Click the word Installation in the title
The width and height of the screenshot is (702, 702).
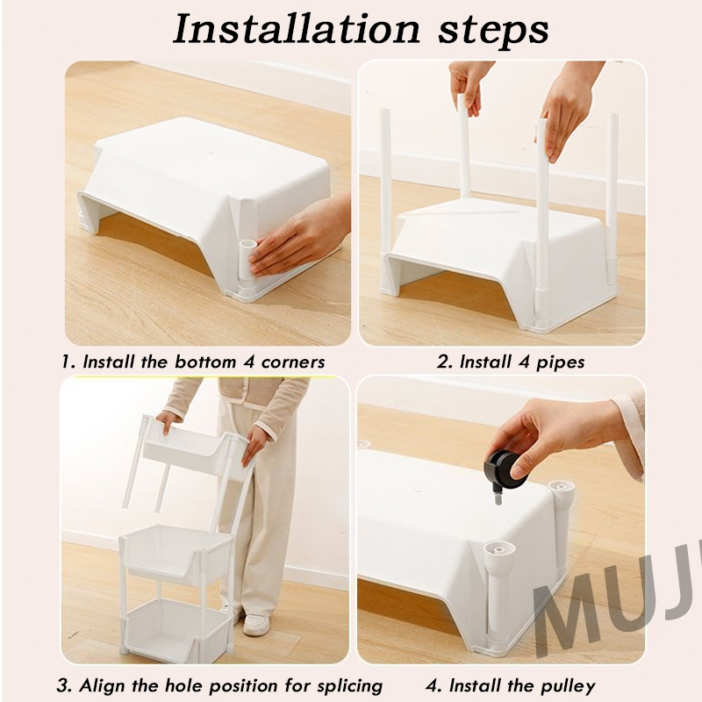[297, 30]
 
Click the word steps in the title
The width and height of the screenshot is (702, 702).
[493, 32]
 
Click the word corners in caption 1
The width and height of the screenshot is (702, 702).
[293, 362]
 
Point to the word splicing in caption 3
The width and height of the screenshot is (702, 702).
[349, 686]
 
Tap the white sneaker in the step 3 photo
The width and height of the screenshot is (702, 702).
[256, 624]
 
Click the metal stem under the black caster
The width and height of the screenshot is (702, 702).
[498, 497]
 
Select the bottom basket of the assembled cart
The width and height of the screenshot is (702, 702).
[178, 631]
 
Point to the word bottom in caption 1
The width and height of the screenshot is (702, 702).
[205, 362]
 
